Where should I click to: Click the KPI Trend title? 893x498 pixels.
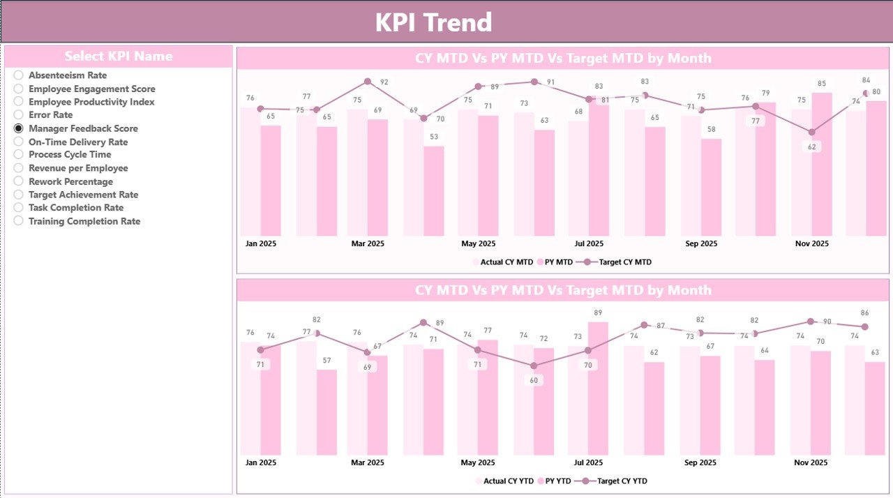click(433, 22)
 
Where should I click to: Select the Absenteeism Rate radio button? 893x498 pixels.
click(19, 75)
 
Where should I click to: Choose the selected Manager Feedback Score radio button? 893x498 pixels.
click(19, 128)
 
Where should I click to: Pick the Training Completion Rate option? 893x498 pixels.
click(84, 221)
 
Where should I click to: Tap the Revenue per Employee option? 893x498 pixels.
click(77, 168)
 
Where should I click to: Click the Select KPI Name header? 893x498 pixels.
click(119, 56)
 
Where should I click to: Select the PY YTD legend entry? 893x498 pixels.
click(555, 481)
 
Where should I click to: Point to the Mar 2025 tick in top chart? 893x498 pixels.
click(367, 244)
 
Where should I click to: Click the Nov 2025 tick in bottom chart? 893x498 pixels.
click(811, 462)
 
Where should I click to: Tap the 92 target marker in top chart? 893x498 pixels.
click(368, 82)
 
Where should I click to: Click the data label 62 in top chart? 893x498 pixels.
click(811, 146)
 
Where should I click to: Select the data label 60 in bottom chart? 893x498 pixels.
click(534, 380)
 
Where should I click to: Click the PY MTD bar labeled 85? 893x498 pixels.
click(822, 164)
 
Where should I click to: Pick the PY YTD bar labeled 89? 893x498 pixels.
click(599, 388)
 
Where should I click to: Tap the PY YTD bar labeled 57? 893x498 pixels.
click(327, 412)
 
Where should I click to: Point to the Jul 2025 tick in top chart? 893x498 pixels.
click(589, 244)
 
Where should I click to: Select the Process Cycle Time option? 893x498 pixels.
click(69, 155)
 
